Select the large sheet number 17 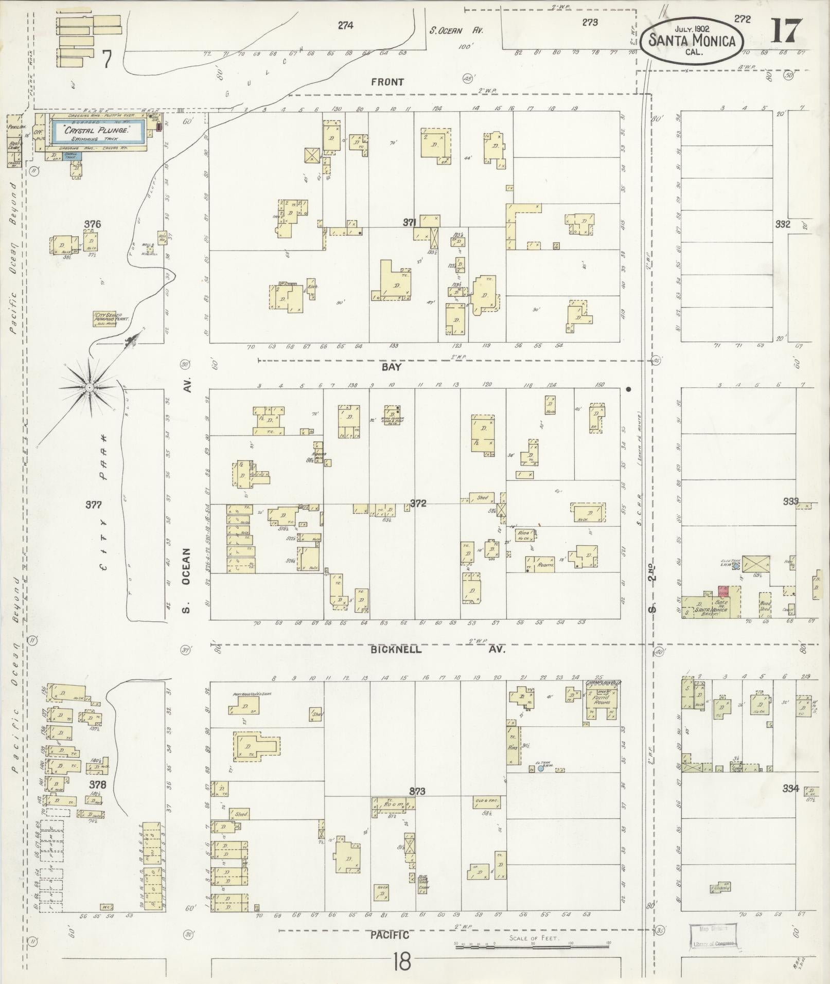[x=786, y=31]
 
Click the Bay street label [x=391, y=367]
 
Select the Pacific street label [x=390, y=935]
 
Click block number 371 [x=409, y=222]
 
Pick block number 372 [x=417, y=503]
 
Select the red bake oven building [x=723, y=591]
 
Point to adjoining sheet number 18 [x=402, y=961]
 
